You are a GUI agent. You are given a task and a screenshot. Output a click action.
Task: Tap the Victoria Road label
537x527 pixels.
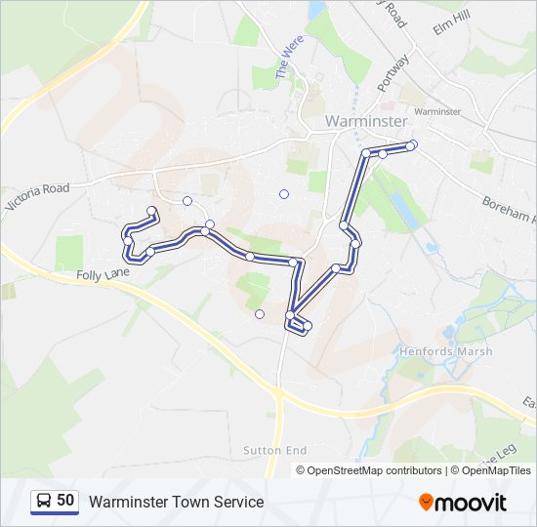tap(37, 196)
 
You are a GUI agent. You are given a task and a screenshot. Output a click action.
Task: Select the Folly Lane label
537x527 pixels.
tap(103, 276)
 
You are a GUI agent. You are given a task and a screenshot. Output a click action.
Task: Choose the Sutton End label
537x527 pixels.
tap(275, 450)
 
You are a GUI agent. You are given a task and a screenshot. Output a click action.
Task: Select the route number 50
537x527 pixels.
tap(65, 500)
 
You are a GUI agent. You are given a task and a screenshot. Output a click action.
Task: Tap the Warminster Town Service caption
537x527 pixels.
tap(177, 502)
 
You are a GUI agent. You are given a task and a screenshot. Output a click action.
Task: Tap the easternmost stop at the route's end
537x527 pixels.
tap(412, 145)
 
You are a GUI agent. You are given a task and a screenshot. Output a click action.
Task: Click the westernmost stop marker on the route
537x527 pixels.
tap(126, 230)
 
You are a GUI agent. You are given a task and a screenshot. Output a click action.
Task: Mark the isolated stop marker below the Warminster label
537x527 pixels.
tap(284, 194)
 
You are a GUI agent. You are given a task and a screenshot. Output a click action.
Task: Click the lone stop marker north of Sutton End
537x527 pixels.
tap(260, 314)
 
